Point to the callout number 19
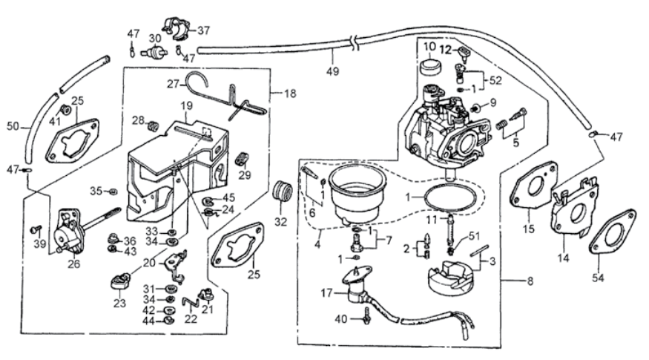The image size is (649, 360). pos(187,107)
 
